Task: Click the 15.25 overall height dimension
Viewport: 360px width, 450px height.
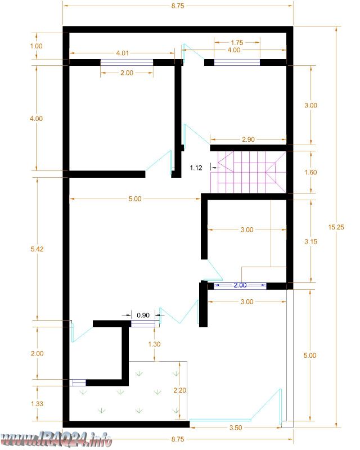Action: [x=336, y=227]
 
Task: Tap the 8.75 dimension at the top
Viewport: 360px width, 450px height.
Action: [x=178, y=6]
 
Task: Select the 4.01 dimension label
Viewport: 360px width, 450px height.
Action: [x=122, y=53]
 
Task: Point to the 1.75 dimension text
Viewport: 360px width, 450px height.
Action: [x=237, y=43]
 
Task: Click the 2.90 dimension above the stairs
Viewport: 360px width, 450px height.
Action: [x=248, y=139]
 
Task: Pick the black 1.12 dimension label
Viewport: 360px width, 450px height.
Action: [x=196, y=168]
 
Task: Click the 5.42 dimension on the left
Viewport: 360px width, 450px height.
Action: [x=37, y=249]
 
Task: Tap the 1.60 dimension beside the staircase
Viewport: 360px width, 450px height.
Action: [x=310, y=172]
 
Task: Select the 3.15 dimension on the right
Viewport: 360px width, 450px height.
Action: [x=310, y=241]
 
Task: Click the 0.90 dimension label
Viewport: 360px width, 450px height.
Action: [x=143, y=315]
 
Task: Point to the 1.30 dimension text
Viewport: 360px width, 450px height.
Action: [x=154, y=344]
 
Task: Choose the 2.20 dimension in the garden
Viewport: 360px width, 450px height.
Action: [x=179, y=390]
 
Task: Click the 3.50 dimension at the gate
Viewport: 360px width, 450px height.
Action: [x=236, y=427]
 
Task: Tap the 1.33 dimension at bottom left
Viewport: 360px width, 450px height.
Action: [x=37, y=403]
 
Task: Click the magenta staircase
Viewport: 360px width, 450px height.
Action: [x=248, y=172]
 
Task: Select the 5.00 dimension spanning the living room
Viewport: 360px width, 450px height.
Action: [x=135, y=199]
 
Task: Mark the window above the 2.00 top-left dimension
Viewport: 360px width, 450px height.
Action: [x=127, y=62]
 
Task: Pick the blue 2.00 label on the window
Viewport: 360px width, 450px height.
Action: [x=240, y=285]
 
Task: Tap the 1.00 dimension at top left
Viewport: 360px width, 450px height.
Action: [x=36, y=46]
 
